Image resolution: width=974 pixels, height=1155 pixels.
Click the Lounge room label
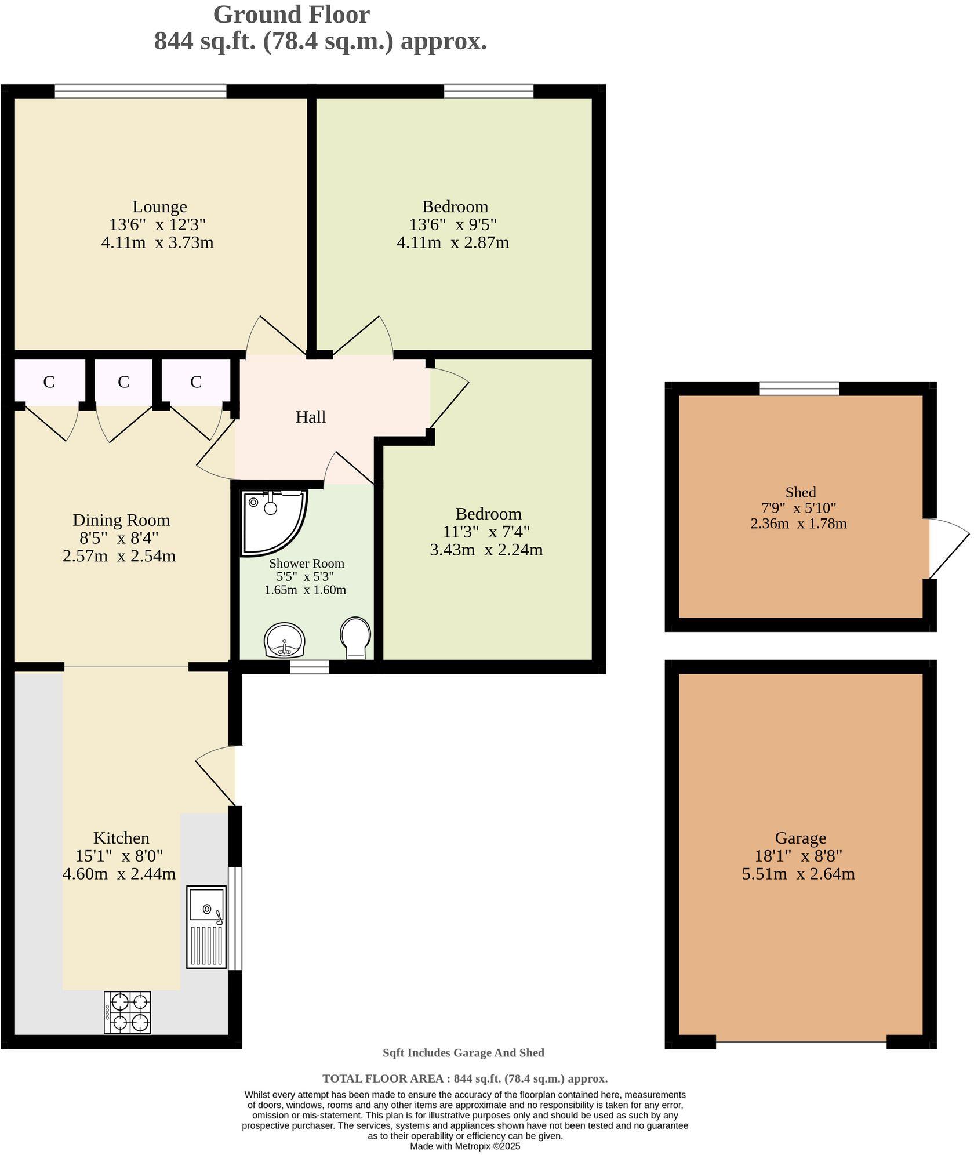tap(159, 206)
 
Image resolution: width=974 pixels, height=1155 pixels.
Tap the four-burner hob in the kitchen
tap(128, 1012)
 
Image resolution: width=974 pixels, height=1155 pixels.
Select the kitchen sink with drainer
tap(206, 927)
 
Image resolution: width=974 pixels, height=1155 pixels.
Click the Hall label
tap(310, 417)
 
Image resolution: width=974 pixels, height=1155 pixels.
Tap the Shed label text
tap(800, 492)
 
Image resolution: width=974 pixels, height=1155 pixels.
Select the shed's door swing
tap(946, 549)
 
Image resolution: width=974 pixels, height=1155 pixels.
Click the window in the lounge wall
tap(140, 91)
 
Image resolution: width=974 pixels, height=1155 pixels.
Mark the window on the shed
tap(799, 388)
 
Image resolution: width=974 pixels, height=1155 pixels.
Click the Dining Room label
tap(121, 520)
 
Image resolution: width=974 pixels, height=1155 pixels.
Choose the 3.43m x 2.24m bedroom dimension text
tap(486, 550)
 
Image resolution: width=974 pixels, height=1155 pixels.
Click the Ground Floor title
tap(291, 14)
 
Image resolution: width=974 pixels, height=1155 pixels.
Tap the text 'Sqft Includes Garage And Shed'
tap(463, 1052)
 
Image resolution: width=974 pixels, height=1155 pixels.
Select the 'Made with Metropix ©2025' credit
tap(465, 1146)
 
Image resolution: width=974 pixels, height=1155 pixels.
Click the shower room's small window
tap(309, 667)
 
